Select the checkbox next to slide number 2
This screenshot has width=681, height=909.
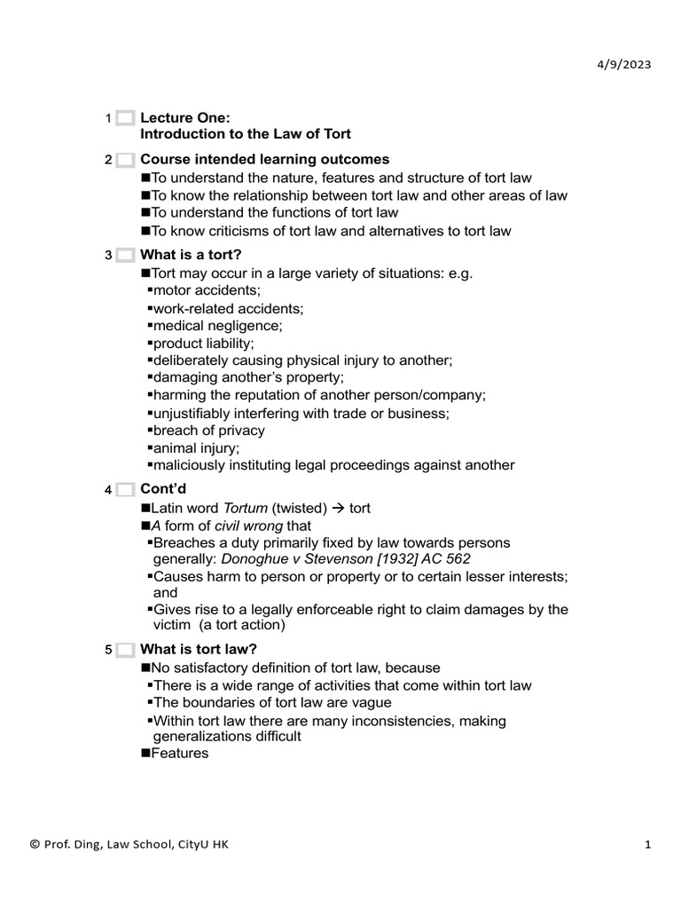click(x=125, y=161)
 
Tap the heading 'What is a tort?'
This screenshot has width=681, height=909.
click(x=191, y=256)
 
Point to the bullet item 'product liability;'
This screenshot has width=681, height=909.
click(x=204, y=343)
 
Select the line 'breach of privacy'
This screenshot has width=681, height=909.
click(x=208, y=431)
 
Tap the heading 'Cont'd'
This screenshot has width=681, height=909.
click(x=164, y=490)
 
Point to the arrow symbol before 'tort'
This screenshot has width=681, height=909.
click(x=339, y=509)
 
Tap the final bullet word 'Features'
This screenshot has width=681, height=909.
click(x=180, y=754)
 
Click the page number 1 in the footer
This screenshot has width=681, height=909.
click(x=648, y=845)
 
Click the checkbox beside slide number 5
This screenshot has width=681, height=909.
click(x=125, y=651)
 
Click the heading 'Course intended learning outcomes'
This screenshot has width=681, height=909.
click(x=264, y=160)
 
